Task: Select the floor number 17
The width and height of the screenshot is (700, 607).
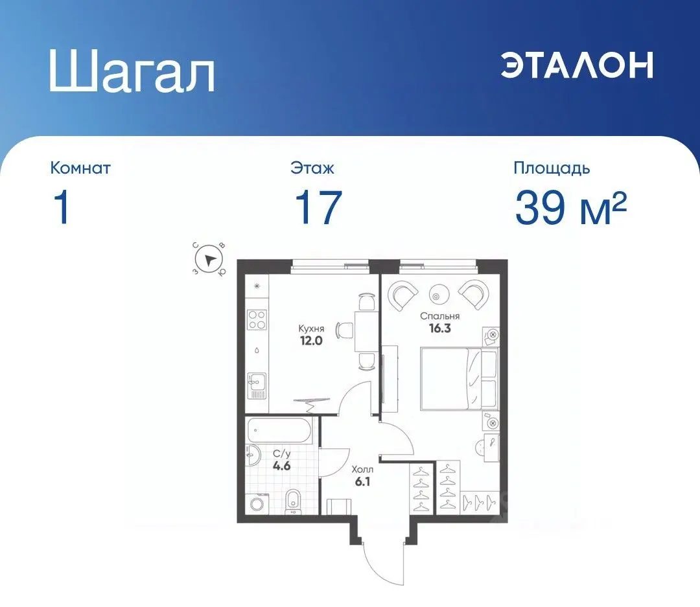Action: point(318,207)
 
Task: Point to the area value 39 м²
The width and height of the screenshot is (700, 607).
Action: point(570,209)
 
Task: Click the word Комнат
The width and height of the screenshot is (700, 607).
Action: point(80,168)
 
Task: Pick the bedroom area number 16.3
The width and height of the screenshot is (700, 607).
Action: point(439,328)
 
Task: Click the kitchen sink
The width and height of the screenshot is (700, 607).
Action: point(257,387)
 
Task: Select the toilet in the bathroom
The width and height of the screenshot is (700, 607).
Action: point(292,501)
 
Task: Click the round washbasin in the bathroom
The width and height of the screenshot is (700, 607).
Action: point(251,455)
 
